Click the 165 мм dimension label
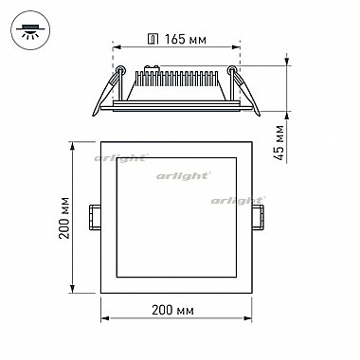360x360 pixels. pyautogui.click(x=186, y=40)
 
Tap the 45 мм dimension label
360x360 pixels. pyautogui.click(x=279, y=143)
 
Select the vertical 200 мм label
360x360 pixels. pyautogui.click(x=64, y=218)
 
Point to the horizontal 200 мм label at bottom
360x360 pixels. pyautogui.click(x=172, y=310)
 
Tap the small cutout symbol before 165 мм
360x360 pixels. pyautogui.click(x=153, y=40)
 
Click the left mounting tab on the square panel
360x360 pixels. pyautogui.click(x=95, y=218)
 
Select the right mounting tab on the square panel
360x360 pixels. pyautogui.click(x=258, y=218)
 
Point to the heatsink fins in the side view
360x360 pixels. pyautogui.click(x=176, y=79)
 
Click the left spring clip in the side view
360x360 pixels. pyautogui.click(x=109, y=91)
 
